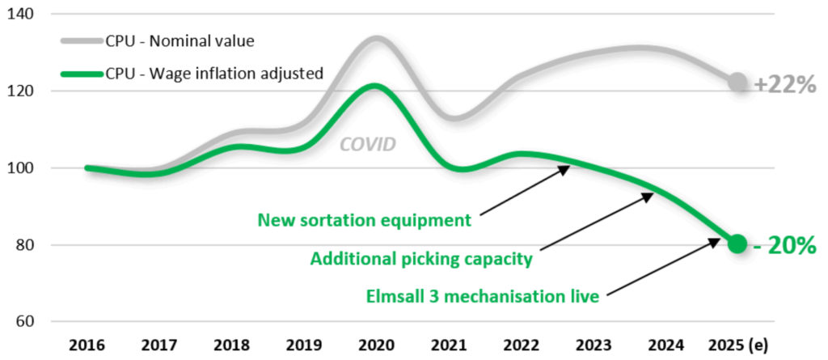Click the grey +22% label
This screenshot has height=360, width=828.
tap(784, 84)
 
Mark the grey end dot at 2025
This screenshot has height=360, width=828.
tap(737, 82)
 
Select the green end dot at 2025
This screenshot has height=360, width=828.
tap(736, 244)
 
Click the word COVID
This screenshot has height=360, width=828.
tap(368, 145)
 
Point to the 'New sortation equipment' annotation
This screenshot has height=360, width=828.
tap(363, 220)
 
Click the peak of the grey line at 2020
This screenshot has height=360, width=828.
tap(377, 38)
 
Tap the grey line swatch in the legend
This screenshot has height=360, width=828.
tap(81, 41)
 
